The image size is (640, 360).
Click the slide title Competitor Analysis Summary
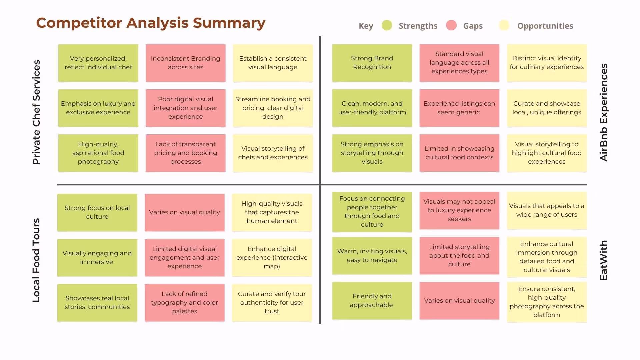tap(151, 23)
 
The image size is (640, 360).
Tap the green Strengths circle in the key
tap(387, 25)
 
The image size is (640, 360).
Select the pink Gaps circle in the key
tap(451, 25)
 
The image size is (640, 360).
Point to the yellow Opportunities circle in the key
tap(504, 25)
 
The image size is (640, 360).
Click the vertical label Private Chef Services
tap(36, 112)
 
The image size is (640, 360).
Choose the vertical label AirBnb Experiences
tap(604, 112)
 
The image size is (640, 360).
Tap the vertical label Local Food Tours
tap(36, 260)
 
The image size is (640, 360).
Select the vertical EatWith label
tap(604, 260)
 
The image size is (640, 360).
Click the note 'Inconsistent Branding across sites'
tap(185, 63)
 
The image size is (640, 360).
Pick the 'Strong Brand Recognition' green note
tap(372, 63)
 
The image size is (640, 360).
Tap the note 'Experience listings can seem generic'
tap(459, 108)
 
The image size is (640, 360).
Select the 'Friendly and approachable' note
tap(372, 301)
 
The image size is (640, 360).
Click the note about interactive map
tap(272, 258)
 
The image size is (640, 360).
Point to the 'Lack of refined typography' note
tap(185, 303)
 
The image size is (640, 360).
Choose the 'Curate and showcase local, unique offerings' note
tap(547, 108)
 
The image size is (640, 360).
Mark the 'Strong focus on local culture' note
tap(97, 212)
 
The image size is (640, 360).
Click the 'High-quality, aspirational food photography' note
tap(98, 153)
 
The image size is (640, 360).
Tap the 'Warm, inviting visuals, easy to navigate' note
tap(372, 256)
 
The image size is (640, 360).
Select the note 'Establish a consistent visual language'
tap(273, 63)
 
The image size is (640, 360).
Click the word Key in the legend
tap(366, 26)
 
